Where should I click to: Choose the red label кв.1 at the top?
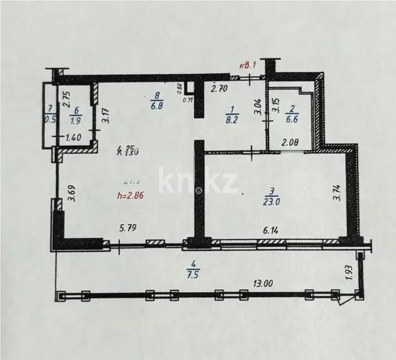tap(250, 65)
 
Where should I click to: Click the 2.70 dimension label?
tap(220, 89)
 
